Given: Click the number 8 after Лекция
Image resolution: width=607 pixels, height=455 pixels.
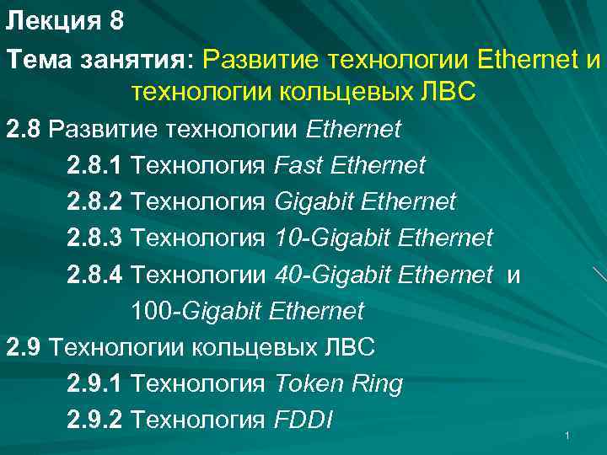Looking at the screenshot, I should pos(116,22).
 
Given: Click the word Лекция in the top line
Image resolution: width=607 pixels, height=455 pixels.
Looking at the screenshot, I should pos(53,22).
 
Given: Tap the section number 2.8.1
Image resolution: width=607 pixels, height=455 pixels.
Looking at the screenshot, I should pos(95,166).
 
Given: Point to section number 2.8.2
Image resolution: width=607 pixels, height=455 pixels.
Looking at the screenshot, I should pos(95,202).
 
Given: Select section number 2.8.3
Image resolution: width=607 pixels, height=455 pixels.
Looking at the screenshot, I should pos(95,238).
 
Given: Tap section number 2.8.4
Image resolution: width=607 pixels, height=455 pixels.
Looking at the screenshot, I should pos(95,275).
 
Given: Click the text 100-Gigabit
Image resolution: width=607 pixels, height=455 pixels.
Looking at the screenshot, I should pos(198,311).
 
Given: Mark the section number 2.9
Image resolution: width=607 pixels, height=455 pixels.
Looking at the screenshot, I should pos(24,347).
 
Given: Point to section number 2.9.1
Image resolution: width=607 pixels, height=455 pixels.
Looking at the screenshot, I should pos(95,383).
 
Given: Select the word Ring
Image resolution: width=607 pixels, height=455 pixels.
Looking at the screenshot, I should pos(378,383).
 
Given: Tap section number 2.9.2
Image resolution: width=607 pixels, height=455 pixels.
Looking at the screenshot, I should pos(95,420).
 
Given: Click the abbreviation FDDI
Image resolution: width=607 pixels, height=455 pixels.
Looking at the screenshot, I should pos(304,420).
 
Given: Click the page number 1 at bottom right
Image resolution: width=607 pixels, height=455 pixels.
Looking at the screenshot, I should pos(568,436).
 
